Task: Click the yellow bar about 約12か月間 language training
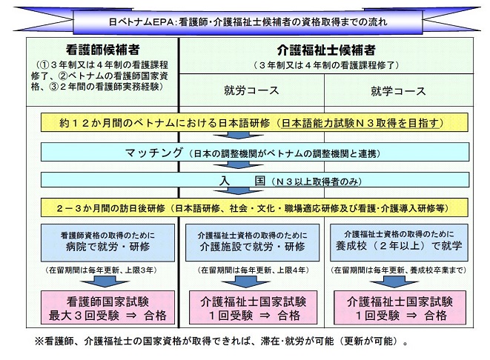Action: tap(244, 121)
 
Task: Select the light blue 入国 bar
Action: tap(244, 180)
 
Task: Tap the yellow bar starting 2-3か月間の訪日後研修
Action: tap(244, 208)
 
